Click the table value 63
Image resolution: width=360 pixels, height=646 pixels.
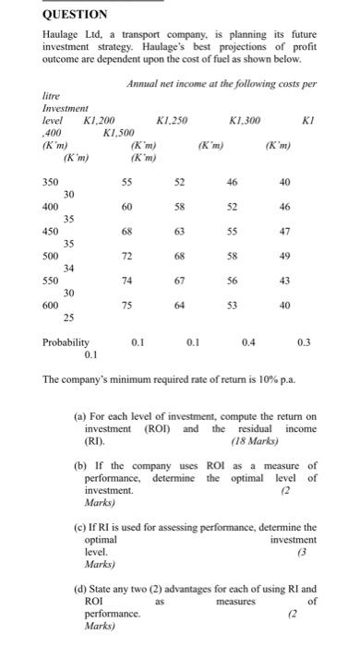click(179, 231)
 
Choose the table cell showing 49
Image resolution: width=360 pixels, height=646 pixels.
click(284, 254)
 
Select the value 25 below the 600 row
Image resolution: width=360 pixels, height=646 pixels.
click(68, 317)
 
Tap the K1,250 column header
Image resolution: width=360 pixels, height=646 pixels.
click(173, 122)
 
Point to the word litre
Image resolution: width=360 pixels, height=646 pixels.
click(54, 96)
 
